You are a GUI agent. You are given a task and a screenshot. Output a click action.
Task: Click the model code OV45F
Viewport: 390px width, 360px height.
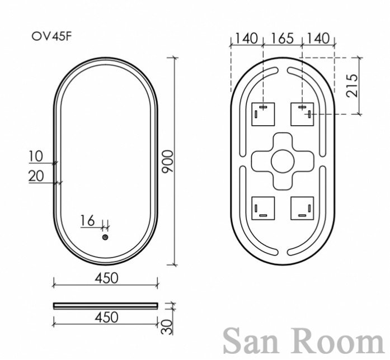(x=51, y=36)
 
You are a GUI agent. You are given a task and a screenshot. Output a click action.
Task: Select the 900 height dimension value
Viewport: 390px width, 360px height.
(x=167, y=162)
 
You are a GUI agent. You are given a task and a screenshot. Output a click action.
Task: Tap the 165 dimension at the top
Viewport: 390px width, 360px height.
(x=283, y=39)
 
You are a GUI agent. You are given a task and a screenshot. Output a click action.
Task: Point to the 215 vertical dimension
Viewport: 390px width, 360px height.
(x=352, y=86)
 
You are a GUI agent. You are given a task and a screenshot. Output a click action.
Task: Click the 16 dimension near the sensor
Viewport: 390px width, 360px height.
(x=87, y=221)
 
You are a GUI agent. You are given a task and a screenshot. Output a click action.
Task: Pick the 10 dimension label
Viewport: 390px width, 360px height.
(x=36, y=157)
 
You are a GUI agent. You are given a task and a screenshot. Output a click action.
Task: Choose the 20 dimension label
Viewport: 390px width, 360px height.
(x=36, y=176)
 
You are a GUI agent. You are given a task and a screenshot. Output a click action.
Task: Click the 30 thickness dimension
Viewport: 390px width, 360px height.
(x=167, y=326)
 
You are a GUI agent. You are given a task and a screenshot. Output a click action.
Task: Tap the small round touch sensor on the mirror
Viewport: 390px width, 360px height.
(x=105, y=237)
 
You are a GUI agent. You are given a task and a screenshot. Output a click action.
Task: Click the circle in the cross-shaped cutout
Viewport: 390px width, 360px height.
(x=283, y=161)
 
